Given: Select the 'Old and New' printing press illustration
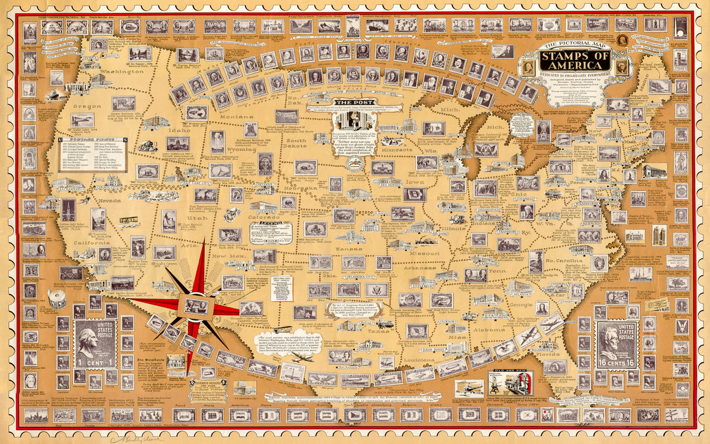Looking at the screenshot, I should [508, 383].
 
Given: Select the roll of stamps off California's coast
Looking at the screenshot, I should [57, 299].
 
